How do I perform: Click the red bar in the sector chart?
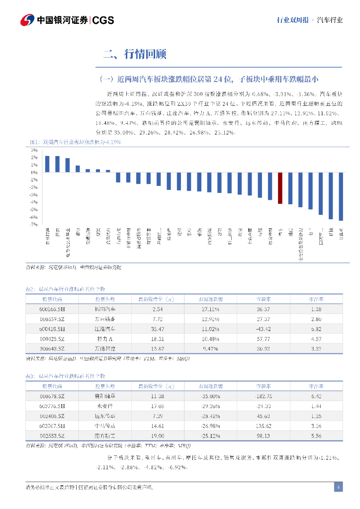280,188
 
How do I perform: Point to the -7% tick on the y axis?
34,225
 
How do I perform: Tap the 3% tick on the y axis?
34,150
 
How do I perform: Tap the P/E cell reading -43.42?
263,329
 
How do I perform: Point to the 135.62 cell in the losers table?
263,425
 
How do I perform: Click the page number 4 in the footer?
338,487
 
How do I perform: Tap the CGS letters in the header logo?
103,20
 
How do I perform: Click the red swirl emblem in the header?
27,20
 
